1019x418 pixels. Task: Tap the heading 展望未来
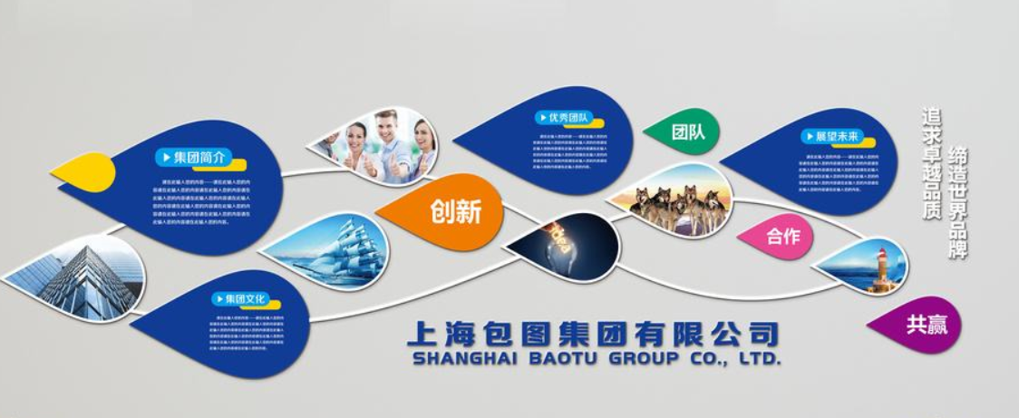[x=830, y=137]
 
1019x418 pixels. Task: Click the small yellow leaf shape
[x=84, y=172]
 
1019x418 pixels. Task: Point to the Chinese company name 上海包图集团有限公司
[x=593, y=333]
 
